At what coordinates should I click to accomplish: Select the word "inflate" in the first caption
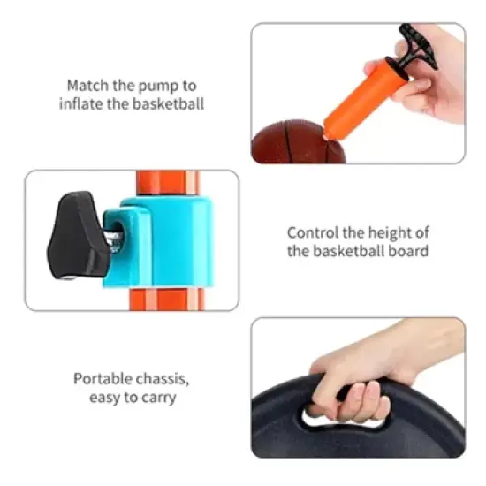81,104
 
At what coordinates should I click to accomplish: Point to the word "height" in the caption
385,232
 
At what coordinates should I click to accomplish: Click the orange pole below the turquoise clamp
168,298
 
